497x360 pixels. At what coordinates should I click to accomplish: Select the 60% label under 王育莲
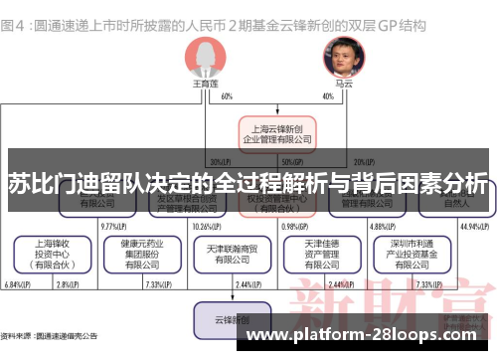tap(227, 96)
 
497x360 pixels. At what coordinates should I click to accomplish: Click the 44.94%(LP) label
tap(471, 226)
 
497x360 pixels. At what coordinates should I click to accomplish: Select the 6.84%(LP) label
tap(16, 285)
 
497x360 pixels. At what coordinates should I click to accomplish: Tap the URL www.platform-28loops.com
tap(367, 336)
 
